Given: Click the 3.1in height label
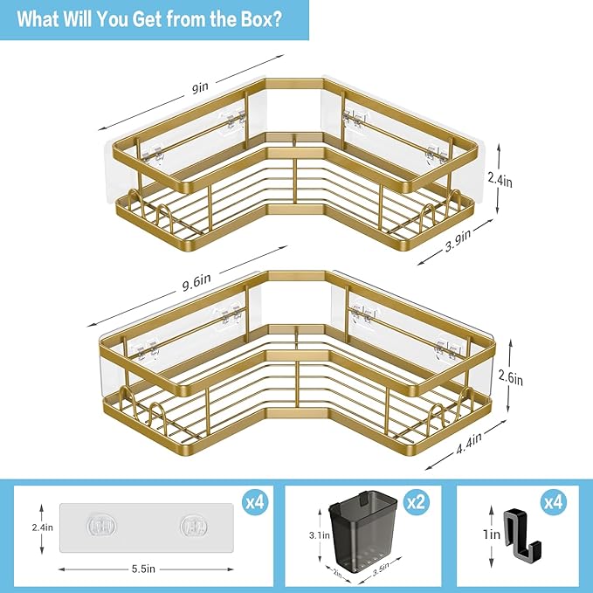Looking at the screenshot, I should (320, 534).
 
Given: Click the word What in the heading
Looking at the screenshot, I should (45, 19).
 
